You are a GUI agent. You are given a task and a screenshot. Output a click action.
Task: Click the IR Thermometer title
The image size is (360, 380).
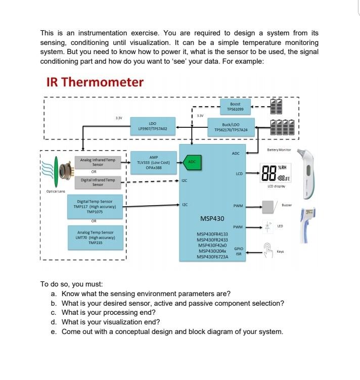95,82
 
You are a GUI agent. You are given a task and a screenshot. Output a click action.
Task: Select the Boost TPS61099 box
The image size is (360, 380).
235,106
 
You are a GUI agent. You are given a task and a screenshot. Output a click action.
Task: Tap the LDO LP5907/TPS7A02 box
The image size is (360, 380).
153,126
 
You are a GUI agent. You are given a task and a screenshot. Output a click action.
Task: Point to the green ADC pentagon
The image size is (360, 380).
192,162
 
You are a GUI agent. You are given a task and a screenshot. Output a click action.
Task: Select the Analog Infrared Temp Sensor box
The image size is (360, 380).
98,162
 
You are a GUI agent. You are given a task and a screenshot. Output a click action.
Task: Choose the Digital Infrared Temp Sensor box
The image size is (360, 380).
98,181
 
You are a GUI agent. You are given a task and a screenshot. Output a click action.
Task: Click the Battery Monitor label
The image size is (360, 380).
280,150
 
